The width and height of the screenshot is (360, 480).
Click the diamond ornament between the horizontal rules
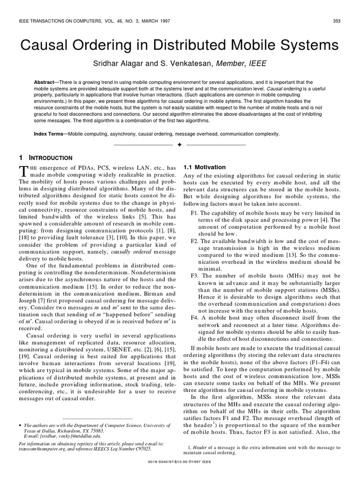coord(180,145)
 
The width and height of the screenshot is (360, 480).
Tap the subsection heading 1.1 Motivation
coord(204,167)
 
